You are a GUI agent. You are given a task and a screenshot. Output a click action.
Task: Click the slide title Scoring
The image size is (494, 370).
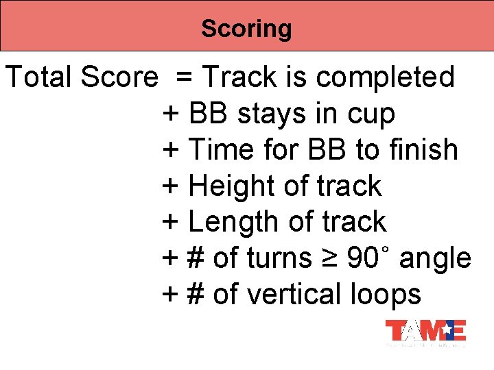[246, 29]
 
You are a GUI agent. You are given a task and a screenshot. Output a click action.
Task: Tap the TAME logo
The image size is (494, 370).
[425, 331]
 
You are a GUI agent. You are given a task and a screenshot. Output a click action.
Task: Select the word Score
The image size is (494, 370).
[119, 77]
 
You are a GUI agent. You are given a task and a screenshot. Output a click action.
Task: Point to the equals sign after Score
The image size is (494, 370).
[184, 77]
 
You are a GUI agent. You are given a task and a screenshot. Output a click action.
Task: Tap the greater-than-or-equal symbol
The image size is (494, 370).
[329, 259]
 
